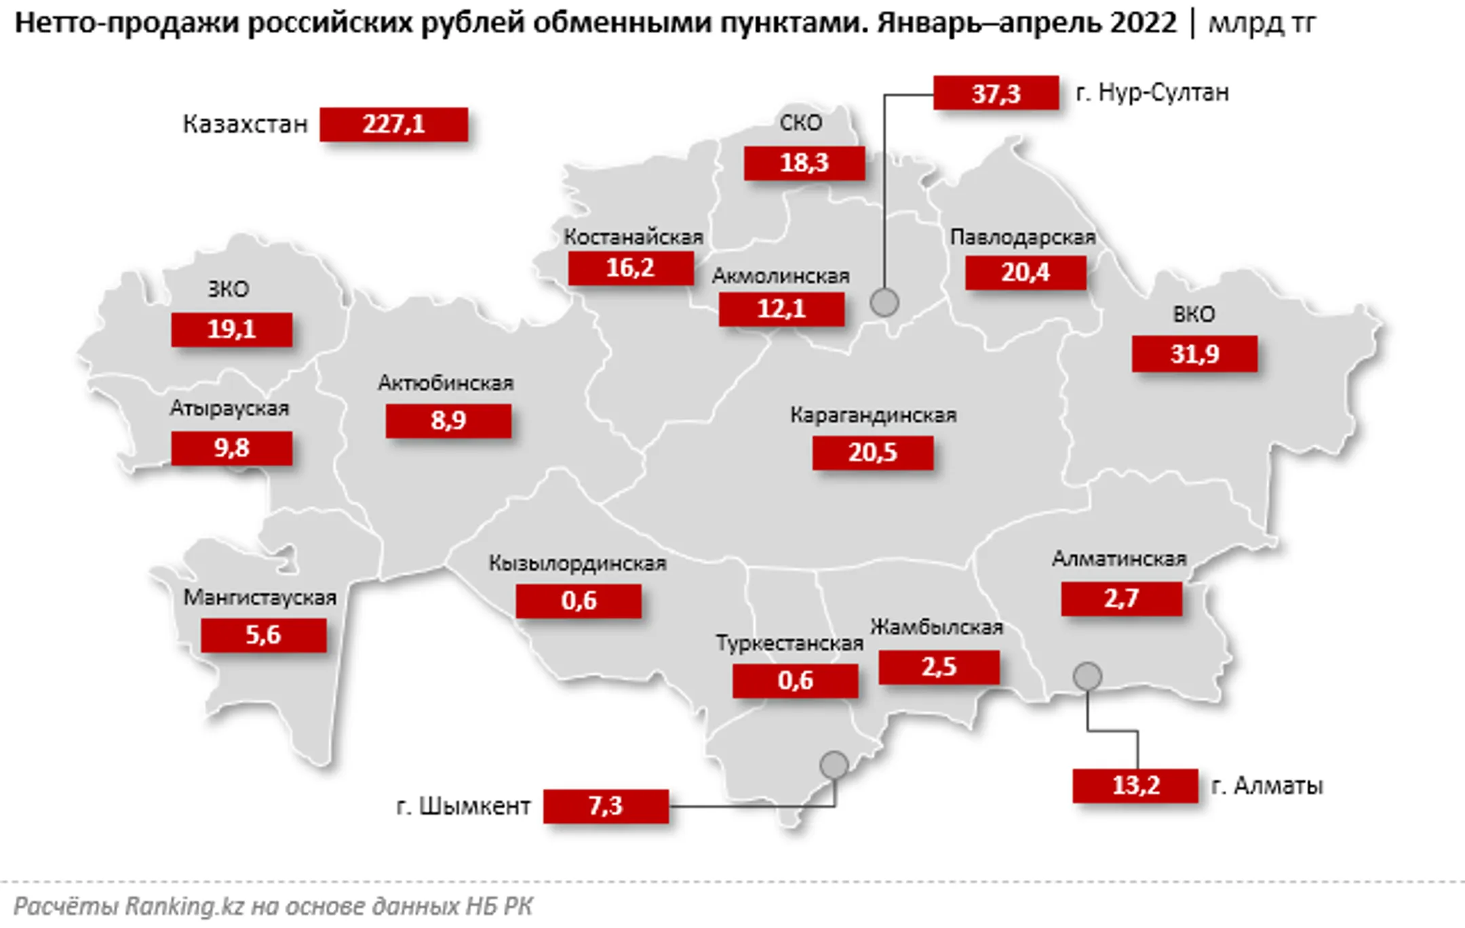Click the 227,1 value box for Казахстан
pos(393,125)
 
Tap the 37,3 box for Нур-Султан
pos(996,93)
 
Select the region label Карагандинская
pos(873,415)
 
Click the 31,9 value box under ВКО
pos(1194,354)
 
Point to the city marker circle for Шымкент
pos(834,765)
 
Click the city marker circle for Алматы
pos(1087,676)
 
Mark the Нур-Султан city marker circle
pos(884,302)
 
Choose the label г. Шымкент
pos(464,806)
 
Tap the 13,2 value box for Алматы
pos(1135,786)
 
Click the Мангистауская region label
pos(260,597)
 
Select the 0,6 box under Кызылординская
pos(578,601)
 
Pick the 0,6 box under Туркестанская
pos(795,681)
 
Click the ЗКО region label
pos(229,289)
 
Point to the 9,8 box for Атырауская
pos(231,449)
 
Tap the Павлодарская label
pos(1023,237)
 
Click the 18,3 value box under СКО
pos(804,163)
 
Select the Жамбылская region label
pos(936,627)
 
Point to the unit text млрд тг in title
pos(1262,24)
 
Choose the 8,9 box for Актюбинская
pos(448,421)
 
